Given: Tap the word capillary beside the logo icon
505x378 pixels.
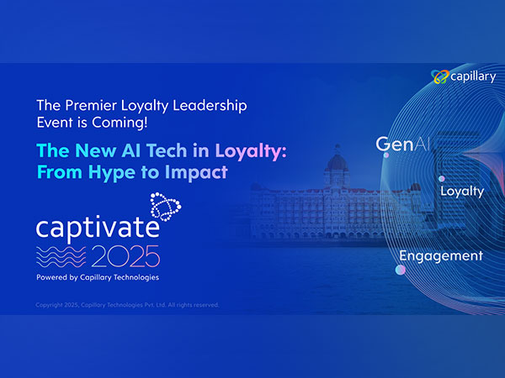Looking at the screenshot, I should pyautogui.click(x=472, y=77).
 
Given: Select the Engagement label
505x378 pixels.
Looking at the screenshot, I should pyautogui.click(x=441, y=255).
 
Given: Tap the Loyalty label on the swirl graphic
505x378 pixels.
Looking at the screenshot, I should pyautogui.click(x=462, y=191).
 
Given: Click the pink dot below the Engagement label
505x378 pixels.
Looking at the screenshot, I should pyautogui.click(x=401, y=270).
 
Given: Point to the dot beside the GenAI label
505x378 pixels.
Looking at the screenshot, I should pyautogui.click(x=386, y=155).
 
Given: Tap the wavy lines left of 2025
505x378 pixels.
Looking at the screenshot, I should pyautogui.click(x=63, y=256).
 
